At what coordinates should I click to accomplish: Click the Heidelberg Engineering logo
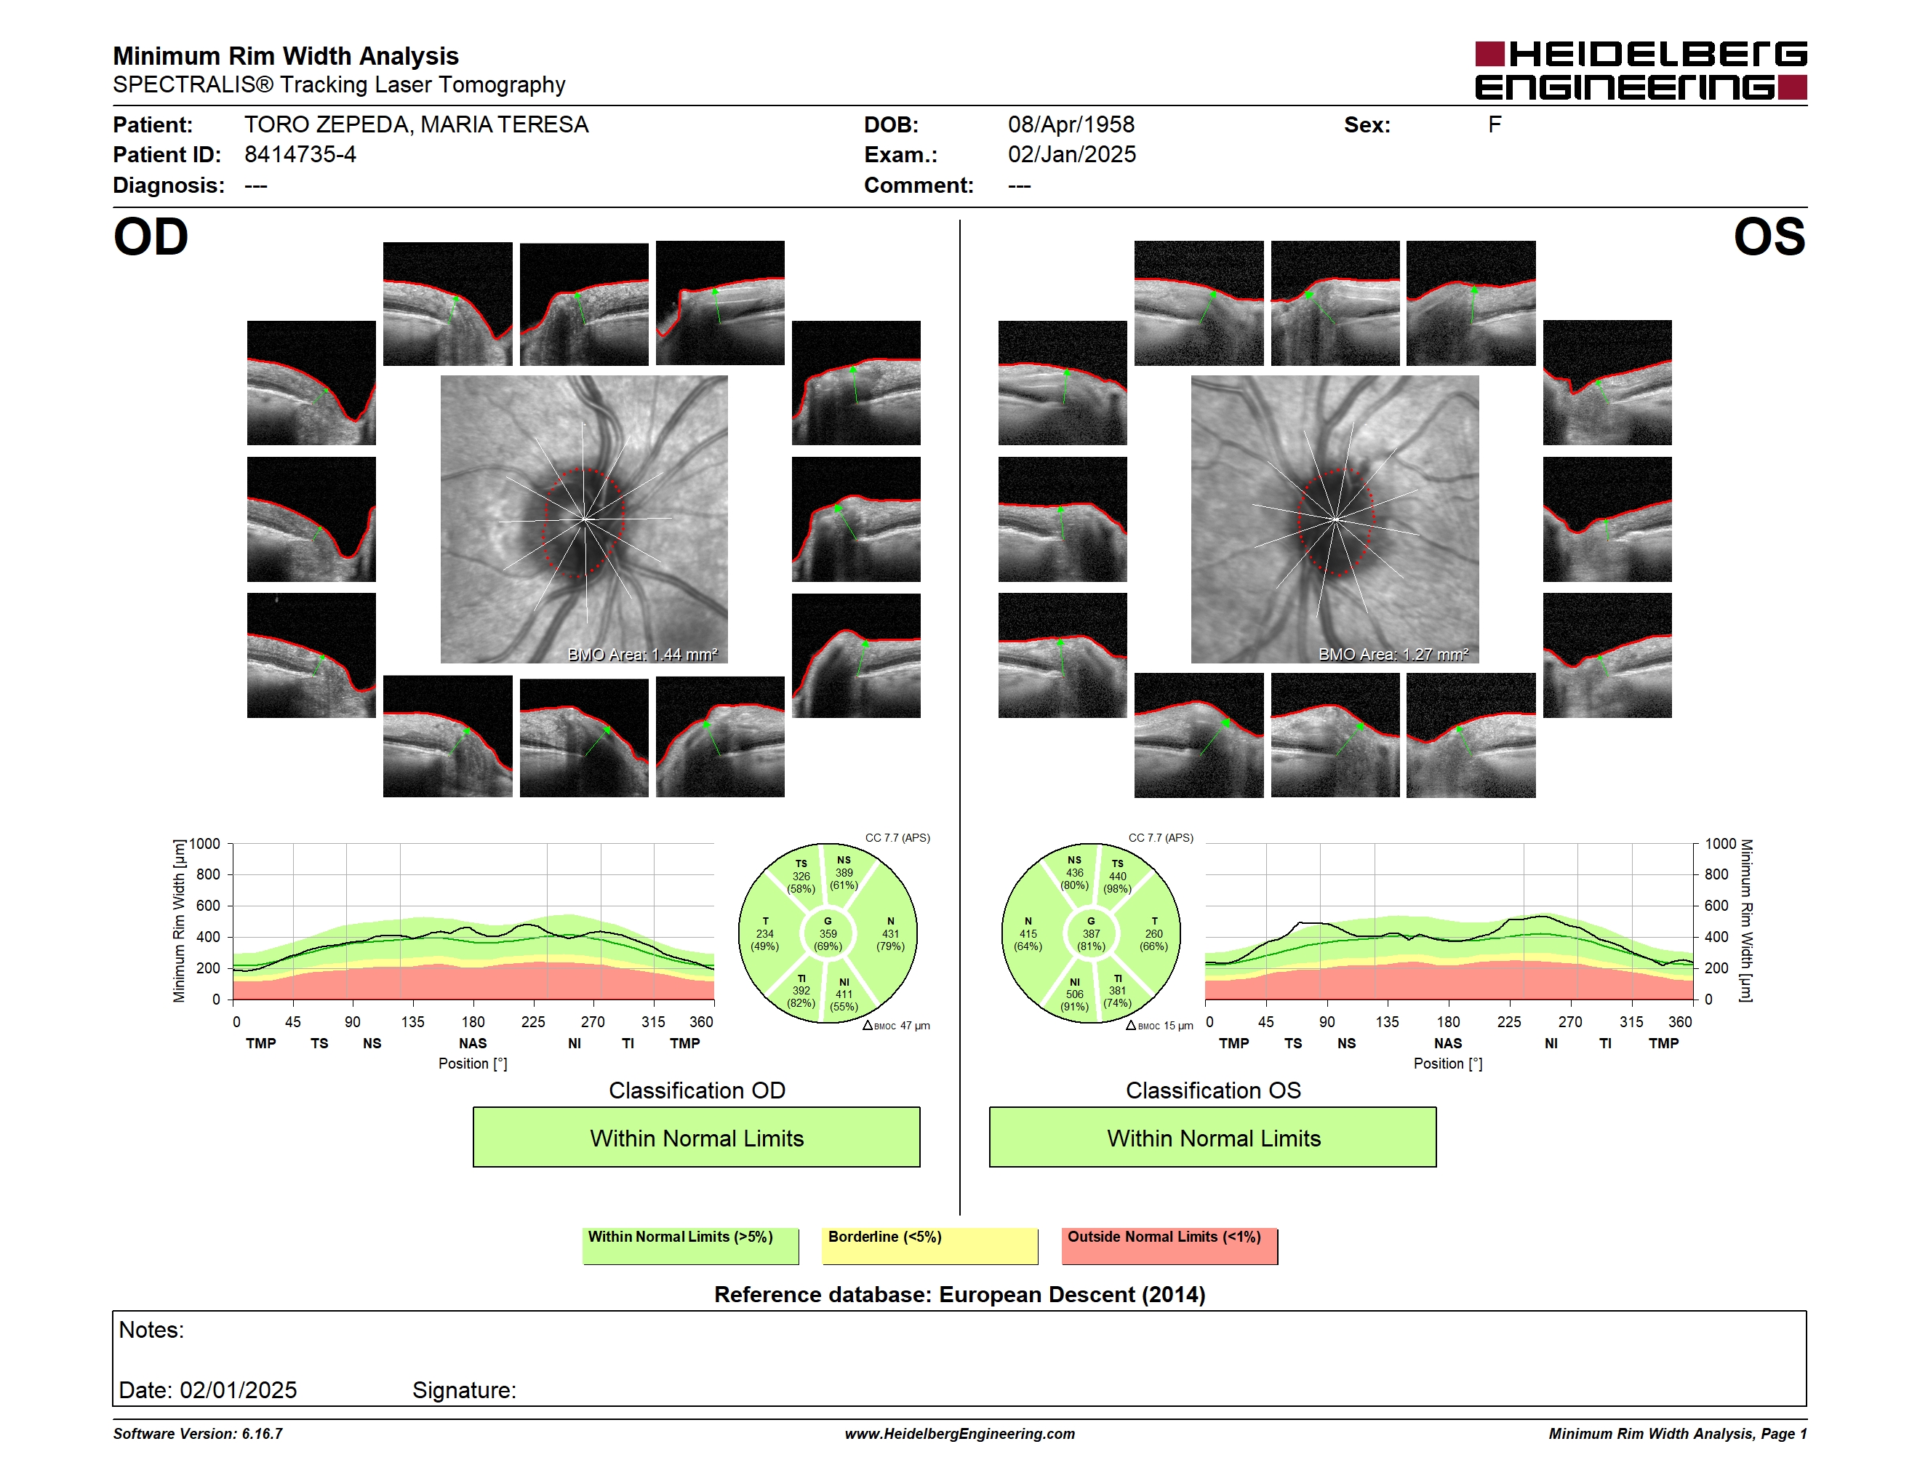coord(1641,71)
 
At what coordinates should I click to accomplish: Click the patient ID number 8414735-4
coord(300,155)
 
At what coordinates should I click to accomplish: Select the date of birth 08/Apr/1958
coord(1071,125)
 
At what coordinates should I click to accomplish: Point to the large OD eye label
coord(151,236)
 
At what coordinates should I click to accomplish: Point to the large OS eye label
coord(1769,236)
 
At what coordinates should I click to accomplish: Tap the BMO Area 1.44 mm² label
coord(643,654)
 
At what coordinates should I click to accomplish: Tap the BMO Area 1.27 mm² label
coord(1393,654)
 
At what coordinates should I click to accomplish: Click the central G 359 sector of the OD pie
coord(827,933)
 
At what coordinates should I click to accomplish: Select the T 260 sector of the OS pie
coord(1153,933)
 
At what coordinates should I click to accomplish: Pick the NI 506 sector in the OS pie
coord(1074,994)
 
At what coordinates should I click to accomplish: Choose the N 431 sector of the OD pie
coord(889,933)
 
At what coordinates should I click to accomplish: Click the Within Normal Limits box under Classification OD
coord(696,1138)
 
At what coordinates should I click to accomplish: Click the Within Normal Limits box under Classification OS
coord(1213,1138)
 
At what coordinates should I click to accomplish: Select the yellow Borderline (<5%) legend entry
coord(930,1245)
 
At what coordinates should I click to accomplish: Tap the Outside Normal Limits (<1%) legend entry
coord(1169,1245)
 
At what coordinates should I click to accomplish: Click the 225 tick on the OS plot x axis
coord(1508,1021)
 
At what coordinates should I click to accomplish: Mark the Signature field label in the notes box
coord(464,1390)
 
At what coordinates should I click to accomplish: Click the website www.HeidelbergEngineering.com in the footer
coord(960,1434)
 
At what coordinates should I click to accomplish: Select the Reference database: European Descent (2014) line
coord(960,1294)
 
